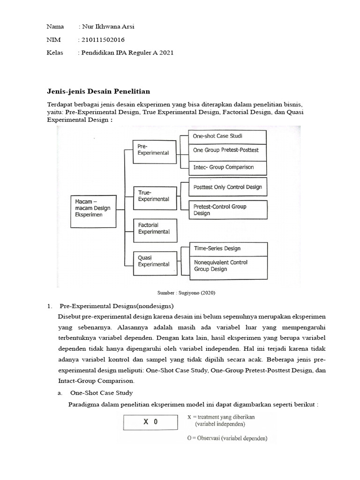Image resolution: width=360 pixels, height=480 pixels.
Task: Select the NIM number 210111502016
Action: click(104, 40)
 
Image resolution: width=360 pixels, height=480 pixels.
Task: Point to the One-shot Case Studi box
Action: click(227, 137)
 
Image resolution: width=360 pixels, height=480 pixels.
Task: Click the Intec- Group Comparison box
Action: click(227, 167)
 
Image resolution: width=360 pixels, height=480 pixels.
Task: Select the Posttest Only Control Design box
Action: click(227, 187)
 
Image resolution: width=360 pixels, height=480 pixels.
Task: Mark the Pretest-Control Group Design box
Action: click(227, 210)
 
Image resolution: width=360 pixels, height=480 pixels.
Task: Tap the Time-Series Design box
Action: click(227, 248)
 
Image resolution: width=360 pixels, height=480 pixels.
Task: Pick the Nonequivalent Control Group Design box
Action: click(227, 266)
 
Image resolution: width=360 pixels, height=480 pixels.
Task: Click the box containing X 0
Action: click(150, 421)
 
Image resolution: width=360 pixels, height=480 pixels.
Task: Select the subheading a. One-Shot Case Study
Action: click(101, 393)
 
